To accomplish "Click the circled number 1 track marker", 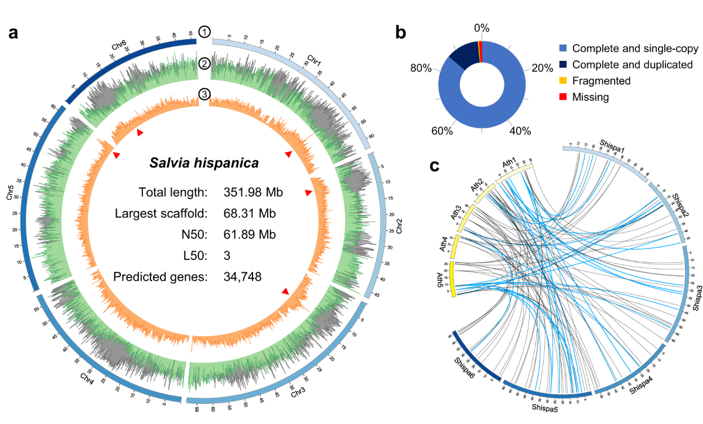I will coord(204,32).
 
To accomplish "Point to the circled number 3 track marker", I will coord(204,94).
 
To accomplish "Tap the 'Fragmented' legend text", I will coord(602,81).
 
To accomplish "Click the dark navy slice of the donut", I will coord(463,56).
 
